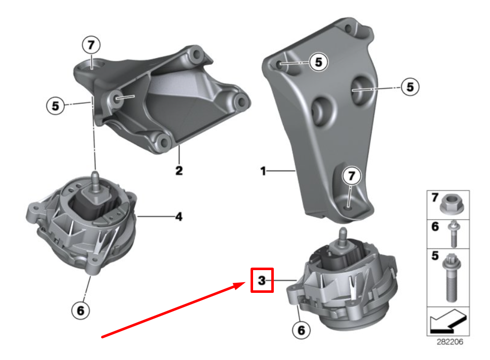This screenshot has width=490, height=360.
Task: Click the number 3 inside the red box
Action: point(262,280)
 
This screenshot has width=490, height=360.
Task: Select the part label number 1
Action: point(263,172)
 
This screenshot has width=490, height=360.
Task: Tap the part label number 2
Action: point(179,170)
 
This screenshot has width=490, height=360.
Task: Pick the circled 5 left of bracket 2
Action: point(55,106)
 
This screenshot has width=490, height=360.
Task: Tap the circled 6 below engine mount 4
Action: point(80,311)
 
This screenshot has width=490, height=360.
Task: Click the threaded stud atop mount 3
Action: point(342,234)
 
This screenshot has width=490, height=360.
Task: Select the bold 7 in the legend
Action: point(434,198)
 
